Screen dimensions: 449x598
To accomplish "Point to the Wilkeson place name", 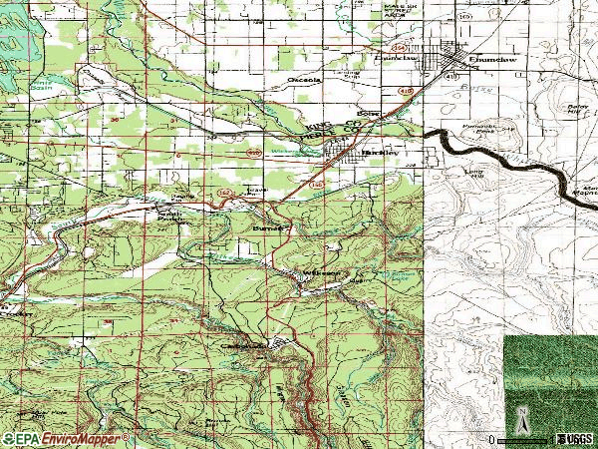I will [x=324, y=271].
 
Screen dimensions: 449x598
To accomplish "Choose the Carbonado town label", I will [x=244, y=345].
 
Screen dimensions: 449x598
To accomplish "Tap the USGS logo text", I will [x=575, y=439].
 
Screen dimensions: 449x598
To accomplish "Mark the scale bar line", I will [x=523, y=439].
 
